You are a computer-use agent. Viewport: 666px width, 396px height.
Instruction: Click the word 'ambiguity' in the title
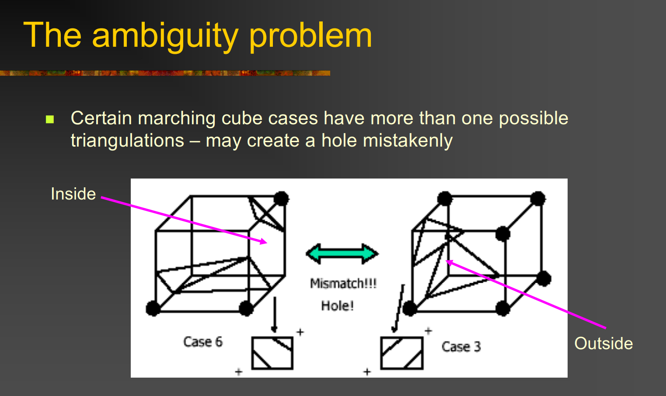click(165, 36)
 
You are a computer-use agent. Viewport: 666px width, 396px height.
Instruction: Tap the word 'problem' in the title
click(310, 36)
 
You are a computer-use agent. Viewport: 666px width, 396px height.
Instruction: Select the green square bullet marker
click(50, 119)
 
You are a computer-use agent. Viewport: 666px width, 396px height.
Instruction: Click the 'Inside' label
click(73, 194)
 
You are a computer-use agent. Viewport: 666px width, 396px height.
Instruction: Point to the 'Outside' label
click(603, 343)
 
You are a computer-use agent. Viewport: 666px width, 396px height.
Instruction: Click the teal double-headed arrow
click(342, 254)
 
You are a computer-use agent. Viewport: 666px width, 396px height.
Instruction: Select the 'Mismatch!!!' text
click(343, 283)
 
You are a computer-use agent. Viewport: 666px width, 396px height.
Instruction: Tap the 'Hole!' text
click(338, 305)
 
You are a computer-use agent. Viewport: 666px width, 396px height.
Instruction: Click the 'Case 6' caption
click(203, 342)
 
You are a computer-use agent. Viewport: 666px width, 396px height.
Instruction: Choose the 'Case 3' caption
click(461, 347)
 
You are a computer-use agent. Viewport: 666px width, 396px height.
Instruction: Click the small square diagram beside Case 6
click(272, 353)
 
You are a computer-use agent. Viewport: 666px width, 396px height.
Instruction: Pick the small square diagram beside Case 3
click(402, 353)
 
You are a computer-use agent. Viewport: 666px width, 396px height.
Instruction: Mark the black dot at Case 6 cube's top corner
click(281, 199)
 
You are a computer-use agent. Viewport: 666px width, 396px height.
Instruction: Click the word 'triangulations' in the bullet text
click(127, 140)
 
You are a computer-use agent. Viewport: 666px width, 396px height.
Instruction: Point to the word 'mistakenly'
click(408, 140)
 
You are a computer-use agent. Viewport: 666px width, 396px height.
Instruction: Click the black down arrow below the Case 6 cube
click(275, 315)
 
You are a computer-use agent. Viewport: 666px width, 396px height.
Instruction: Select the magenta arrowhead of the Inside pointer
click(263, 241)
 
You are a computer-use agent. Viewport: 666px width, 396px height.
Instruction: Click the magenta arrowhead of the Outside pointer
click(450, 263)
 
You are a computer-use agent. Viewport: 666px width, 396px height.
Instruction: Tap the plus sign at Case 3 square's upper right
click(428, 331)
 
